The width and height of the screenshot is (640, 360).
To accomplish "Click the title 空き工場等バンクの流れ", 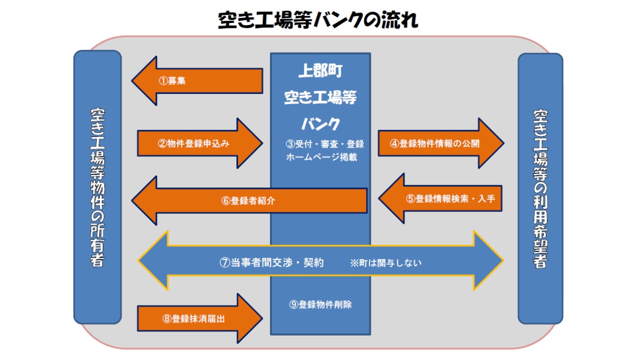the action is coord(317,20).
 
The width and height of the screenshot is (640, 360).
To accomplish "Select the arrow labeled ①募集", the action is coord(197,81).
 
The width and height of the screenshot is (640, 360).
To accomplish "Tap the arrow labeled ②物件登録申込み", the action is coord(200,143).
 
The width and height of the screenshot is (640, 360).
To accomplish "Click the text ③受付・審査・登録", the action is coord(325,143).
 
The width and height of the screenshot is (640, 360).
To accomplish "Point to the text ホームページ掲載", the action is coord(321,157).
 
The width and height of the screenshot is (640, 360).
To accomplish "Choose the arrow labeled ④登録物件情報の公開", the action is coord(441,143).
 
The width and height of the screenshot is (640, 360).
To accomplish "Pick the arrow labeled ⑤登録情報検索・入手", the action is coord(440,198).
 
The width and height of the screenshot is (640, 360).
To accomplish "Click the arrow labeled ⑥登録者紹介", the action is coord(249,200).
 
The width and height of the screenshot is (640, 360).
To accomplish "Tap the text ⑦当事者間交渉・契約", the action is coord(271,262).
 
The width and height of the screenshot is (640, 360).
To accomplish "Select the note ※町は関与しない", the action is coord(385,263).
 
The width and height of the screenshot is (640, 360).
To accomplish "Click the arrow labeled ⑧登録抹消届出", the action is coord(200,318).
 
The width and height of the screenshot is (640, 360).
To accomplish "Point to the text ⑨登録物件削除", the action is coord(320,304).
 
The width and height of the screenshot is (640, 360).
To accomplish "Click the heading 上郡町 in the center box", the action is coord(320,70).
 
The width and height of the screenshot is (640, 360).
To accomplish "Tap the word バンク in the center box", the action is coord(320,123).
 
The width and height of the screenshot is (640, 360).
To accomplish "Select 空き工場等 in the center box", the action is coord(320,97).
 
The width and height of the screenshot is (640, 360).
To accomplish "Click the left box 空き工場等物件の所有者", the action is coord(97,187).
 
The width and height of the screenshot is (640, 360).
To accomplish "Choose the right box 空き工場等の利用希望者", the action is coord(540,188).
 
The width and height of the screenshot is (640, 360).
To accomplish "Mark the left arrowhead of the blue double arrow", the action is coord(153,260).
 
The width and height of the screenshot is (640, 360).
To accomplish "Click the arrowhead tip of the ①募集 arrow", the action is coord(132,81).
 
